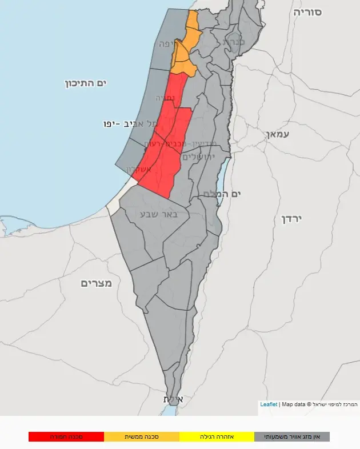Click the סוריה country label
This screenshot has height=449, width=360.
point(307,12)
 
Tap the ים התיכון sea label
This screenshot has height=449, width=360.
point(86,84)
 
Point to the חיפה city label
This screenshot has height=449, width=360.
point(164,43)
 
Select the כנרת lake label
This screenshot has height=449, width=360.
point(234,42)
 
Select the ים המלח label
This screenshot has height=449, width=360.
point(222,194)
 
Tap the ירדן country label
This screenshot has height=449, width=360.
point(291,219)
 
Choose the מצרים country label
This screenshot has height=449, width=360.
point(96,283)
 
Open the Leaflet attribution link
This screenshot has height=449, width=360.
point(269,404)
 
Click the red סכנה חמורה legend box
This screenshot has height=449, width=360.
point(66,436)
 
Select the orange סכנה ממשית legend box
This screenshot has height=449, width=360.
point(142,436)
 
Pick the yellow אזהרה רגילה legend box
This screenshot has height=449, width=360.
point(217,436)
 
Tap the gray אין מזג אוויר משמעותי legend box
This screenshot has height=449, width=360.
point(292,436)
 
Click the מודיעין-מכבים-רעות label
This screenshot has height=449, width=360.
point(171,143)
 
